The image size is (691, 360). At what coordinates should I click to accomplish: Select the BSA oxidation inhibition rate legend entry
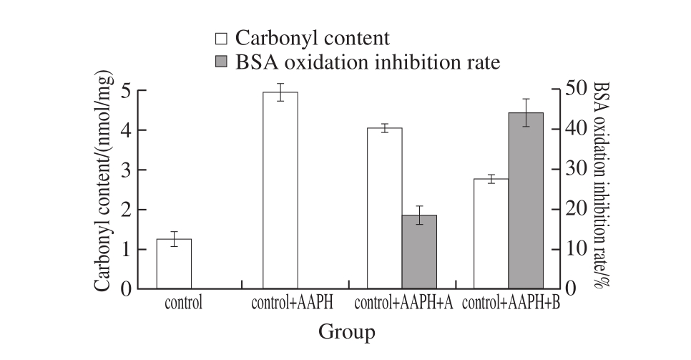click(x=358, y=62)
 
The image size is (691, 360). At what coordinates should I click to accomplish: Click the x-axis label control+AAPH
click(x=293, y=303)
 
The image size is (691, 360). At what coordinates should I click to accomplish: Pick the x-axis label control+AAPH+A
click(x=403, y=303)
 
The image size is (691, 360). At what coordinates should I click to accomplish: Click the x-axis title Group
click(x=346, y=332)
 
